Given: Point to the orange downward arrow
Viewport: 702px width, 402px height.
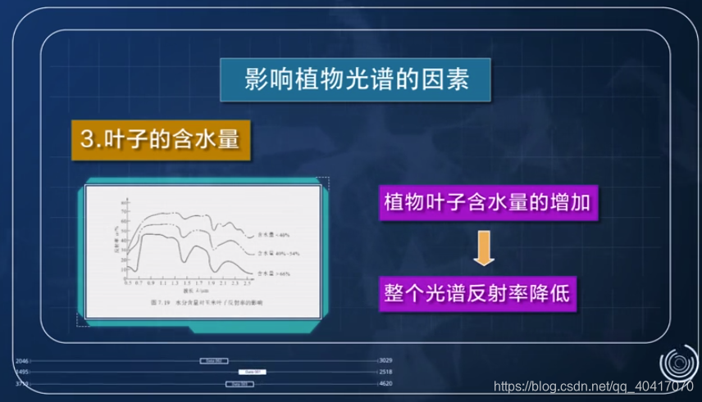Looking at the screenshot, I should (485, 248).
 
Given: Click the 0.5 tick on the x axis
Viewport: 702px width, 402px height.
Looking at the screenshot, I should (127, 282).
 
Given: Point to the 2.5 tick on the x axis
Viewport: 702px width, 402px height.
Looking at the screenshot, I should (247, 282).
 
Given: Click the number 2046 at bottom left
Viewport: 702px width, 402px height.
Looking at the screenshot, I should (22, 360).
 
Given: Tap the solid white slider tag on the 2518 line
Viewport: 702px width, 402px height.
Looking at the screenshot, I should (253, 372).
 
